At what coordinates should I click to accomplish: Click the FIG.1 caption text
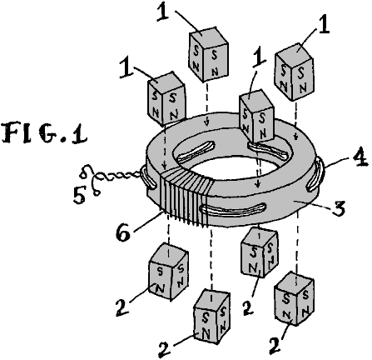[x=44, y=133]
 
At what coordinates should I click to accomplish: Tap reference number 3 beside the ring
[x=338, y=207]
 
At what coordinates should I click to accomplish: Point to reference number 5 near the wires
[x=79, y=195]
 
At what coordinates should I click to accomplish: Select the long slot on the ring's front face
[x=232, y=209]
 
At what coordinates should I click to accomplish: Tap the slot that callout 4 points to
[x=315, y=174]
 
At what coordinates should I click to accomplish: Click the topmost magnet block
[x=209, y=54]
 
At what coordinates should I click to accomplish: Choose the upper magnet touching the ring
[x=256, y=116]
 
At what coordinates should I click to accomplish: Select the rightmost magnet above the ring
[x=295, y=72]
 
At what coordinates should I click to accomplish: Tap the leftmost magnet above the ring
[x=166, y=97]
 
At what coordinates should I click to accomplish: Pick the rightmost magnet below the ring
[x=294, y=298]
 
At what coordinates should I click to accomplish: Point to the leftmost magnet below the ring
[x=169, y=272]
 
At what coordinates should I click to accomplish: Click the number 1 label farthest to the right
[x=324, y=27]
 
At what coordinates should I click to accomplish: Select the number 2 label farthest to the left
[x=122, y=307]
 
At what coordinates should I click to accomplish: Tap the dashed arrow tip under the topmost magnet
[x=206, y=124]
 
